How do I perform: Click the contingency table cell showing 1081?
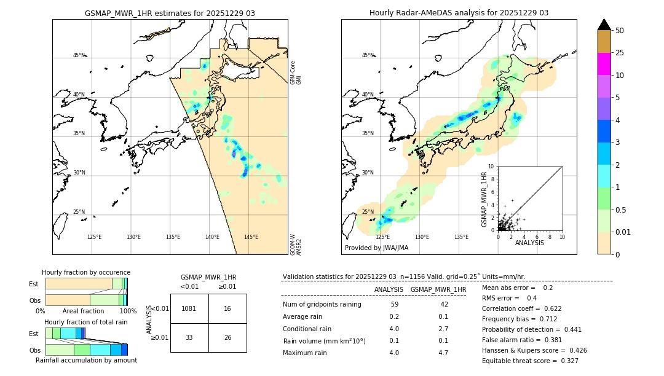pos(189,308)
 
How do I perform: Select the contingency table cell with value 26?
pos(227,337)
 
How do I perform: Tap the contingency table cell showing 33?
pos(189,337)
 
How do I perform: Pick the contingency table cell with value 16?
pos(227,308)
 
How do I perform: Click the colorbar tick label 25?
pos(620,53)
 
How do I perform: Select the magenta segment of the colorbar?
pos(604,64)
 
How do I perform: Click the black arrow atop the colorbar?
pos(604,25)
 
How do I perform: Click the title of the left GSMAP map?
pos(170,13)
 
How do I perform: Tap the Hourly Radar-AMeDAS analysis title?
pos(459,13)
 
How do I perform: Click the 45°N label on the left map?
pos(79,55)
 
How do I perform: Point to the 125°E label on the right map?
pos(382,237)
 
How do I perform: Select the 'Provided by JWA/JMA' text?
pos(376,248)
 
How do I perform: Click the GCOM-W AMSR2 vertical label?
pos(293,245)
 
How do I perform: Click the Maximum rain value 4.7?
pos(443,353)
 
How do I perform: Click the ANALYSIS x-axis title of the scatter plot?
pos(529,243)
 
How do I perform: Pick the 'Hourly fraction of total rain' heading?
pos(86,322)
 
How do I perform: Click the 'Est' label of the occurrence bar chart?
pos(34,284)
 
